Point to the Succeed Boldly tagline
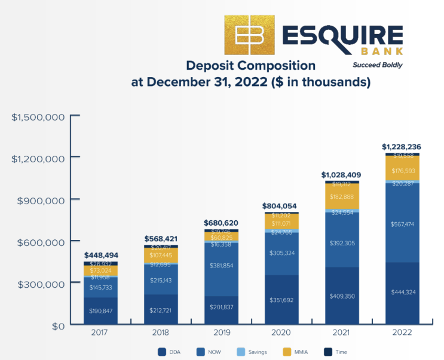pyautogui.click(x=377, y=64)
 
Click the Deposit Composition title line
pyautogui.click(x=250, y=66)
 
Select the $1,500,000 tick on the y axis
pyautogui.click(x=37, y=116)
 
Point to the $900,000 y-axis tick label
pyautogui.click(x=41, y=200)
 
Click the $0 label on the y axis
pyautogui.click(x=58, y=326)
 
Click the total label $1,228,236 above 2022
pyautogui.click(x=402, y=146)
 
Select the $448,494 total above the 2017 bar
pyautogui.click(x=100, y=255)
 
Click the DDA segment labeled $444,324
pyautogui.click(x=402, y=293)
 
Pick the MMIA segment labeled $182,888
pyautogui.click(x=342, y=197)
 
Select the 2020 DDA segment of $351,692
pyautogui.click(x=282, y=300)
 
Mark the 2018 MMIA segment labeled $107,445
pyautogui.click(x=161, y=255)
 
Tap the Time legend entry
pyautogui.click(x=336, y=352)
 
